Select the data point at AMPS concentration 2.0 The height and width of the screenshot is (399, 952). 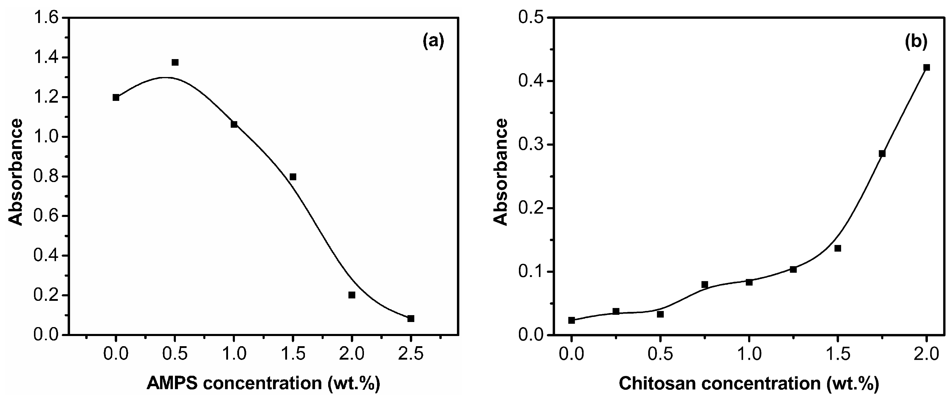pos(352,295)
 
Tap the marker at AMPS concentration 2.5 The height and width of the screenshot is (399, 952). pos(411,319)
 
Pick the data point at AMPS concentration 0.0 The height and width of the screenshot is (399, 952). pos(116,98)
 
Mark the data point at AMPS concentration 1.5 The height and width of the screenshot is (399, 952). pos(293,177)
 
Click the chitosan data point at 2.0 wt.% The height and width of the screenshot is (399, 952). pos(926,67)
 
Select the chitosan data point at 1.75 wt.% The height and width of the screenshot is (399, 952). pos(882,154)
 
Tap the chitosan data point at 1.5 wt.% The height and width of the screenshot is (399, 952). pos(838,248)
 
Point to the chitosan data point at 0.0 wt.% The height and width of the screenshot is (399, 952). pos(571,321)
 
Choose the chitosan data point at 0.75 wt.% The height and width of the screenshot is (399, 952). pos(704,285)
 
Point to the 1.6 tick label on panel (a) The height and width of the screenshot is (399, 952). pos(46,18)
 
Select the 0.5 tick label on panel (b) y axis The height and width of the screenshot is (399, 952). pos(531,18)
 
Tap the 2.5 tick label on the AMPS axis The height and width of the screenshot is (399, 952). pos(411,354)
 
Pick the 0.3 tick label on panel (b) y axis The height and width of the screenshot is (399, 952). pos(531,145)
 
